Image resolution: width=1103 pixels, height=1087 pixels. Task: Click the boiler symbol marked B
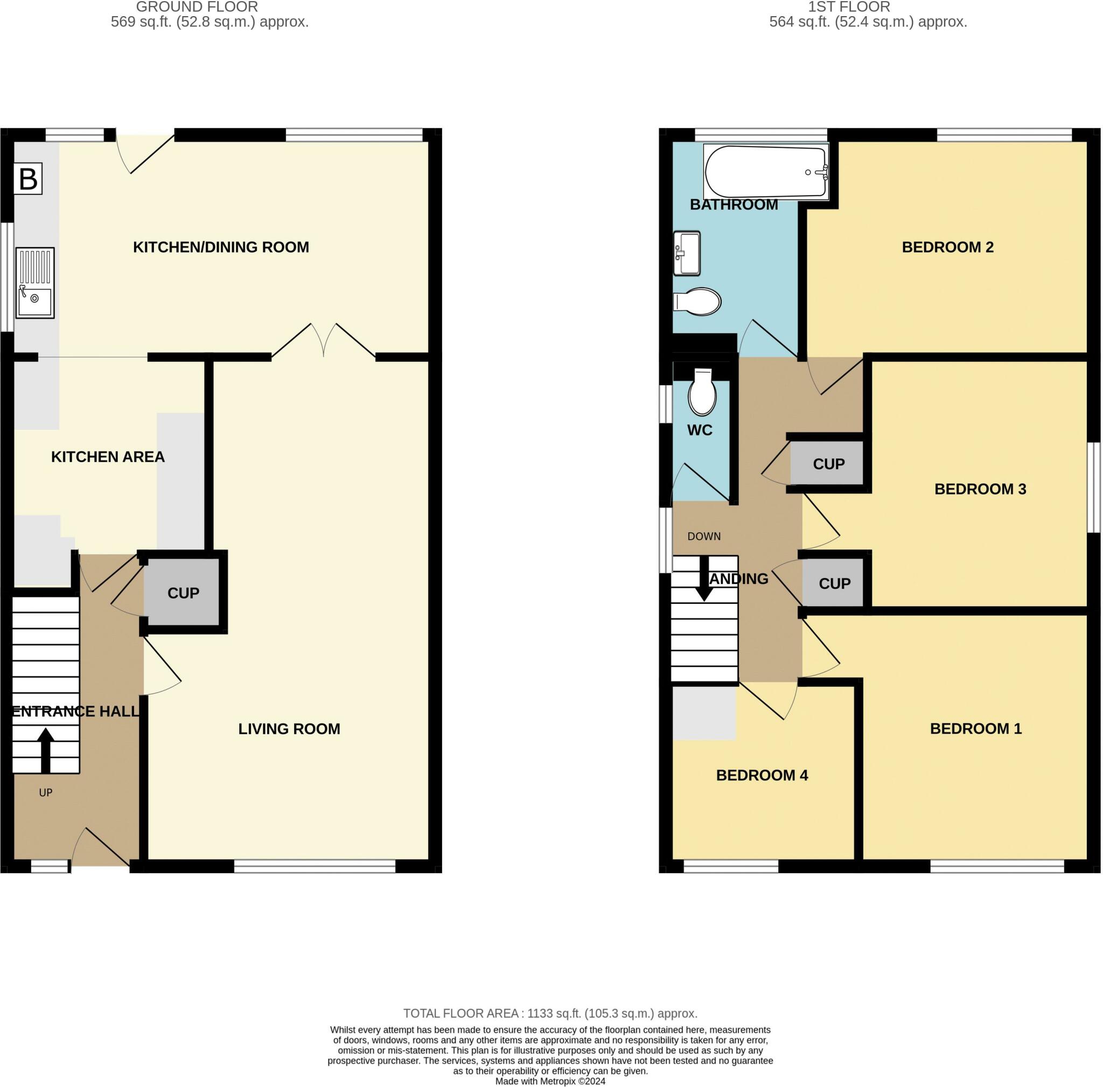tap(28, 179)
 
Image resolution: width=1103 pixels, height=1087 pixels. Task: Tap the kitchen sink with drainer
tap(35, 283)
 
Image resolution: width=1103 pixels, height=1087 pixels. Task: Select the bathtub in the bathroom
tap(766, 171)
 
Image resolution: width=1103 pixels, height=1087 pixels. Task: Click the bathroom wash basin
tap(686, 253)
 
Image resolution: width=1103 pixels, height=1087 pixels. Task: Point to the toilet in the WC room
tap(702, 393)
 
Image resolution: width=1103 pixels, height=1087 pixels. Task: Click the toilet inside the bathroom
tap(697, 302)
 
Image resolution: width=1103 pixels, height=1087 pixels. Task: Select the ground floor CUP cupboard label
tap(183, 593)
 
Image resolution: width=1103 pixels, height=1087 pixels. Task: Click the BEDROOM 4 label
tap(762, 775)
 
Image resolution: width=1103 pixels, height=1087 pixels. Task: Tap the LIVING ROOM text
tap(289, 729)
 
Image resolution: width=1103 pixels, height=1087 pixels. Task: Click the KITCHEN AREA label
tap(108, 457)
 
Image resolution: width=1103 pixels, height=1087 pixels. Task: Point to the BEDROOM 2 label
tap(947, 247)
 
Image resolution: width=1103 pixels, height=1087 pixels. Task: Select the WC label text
tap(700, 430)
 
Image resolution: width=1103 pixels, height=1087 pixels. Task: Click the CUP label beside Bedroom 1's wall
tap(834, 583)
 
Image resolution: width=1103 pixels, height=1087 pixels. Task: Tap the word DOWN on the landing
tap(703, 536)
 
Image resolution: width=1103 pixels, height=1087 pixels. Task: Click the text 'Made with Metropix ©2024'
tap(550, 1081)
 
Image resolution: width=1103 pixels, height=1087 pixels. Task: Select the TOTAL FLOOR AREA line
tap(550, 1013)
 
